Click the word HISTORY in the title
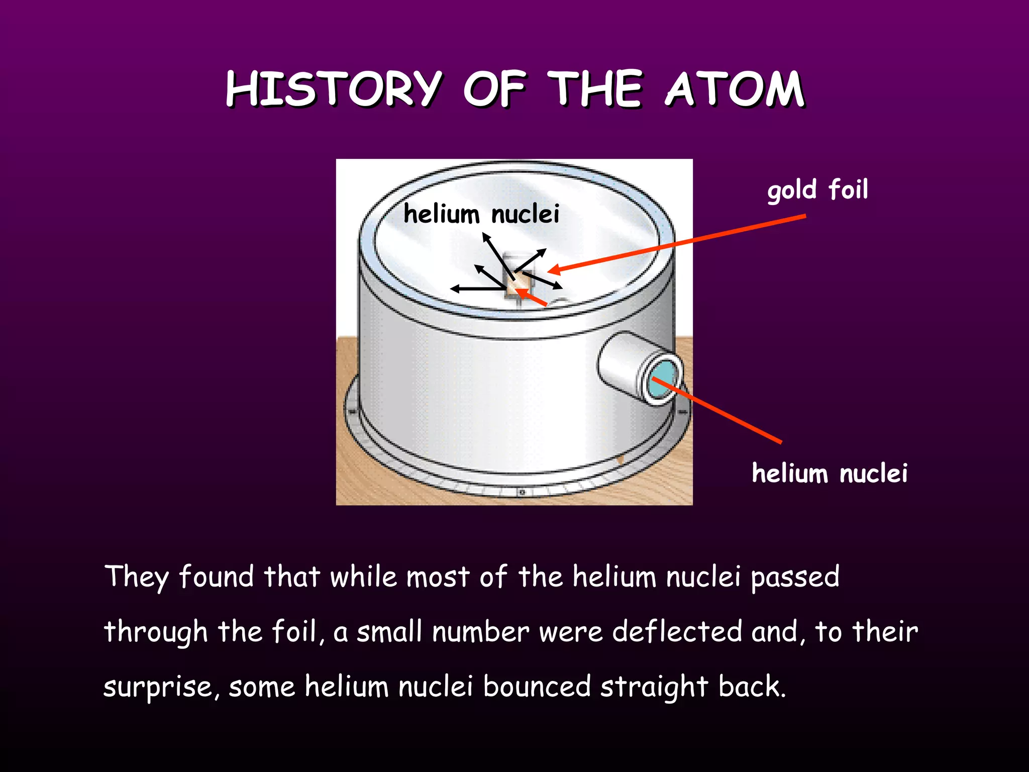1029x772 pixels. point(334,89)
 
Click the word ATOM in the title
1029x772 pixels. point(735,89)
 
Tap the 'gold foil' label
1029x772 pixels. point(817,190)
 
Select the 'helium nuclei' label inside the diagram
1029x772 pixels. point(481,215)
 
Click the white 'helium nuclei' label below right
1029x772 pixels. point(830,473)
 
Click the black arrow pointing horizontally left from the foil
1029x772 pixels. point(477,288)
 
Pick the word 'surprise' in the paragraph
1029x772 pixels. point(160,687)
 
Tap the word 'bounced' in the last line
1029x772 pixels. point(537,687)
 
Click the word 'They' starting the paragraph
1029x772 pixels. point(137,576)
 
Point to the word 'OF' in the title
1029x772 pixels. point(494,89)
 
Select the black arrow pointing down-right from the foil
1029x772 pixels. point(543,280)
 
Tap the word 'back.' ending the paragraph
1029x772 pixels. point(752,687)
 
